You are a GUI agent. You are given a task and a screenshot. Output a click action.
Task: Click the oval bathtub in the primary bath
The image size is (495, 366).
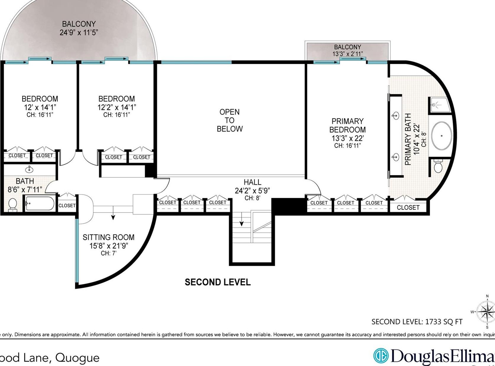click(x=442, y=136)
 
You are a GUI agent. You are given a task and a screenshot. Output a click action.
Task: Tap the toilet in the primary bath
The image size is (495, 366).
click(x=438, y=167)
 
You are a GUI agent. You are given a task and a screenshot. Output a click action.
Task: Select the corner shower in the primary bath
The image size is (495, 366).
click(x=439, y=105)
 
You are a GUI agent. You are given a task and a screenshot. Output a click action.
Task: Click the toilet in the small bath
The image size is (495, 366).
click(x=12, y=204)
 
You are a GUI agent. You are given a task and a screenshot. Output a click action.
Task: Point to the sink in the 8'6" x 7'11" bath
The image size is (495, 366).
click(x=29, y=169)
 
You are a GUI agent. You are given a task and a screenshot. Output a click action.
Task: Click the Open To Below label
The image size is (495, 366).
click(x=229, y=120)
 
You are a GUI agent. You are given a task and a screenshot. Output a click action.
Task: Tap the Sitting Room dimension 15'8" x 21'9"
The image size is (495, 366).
click(x=108, y=246)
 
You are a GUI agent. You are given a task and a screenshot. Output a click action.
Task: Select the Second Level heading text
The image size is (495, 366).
click(x=218, y=282)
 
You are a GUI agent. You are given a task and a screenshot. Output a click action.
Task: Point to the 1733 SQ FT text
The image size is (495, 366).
click(x=444, y=322)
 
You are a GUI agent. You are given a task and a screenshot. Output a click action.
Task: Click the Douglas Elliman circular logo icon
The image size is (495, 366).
click(x=381, y=356)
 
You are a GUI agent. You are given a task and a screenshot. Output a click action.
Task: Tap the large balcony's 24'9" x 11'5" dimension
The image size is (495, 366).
click(x=79, y=32)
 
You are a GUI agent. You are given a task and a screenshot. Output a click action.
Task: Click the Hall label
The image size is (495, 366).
click(x=252, y=182)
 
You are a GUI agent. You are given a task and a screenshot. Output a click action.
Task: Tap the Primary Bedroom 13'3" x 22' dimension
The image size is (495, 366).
click(x=347, y=138)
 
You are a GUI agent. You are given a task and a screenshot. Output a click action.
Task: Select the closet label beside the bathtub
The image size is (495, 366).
click(x=67, y=205)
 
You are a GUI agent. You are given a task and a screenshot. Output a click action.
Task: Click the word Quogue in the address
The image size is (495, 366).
click(x=77, y=358)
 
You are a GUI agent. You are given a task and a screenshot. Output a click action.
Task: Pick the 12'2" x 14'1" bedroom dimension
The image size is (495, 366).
click(x=116, y=107)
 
